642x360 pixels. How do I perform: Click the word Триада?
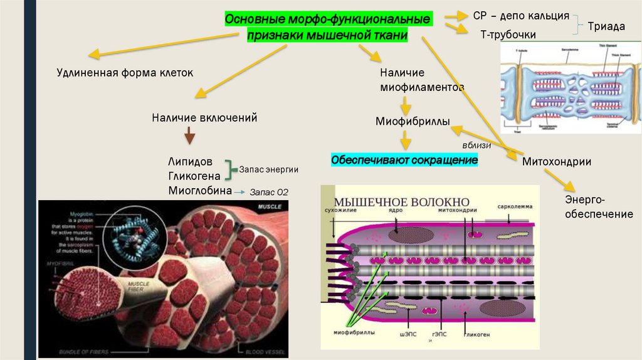click(x=606, y=26)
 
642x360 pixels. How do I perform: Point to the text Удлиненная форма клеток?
click(x=125, y=73)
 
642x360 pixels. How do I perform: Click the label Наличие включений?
click(x=204, y=117)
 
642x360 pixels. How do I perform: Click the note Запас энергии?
click(x=268, y=169)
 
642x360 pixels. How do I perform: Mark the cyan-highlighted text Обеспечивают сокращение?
click(x=404, y=161)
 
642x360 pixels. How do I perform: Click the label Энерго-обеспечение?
click(x=599, y=207)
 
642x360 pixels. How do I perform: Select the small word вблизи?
click(x=476, y=145)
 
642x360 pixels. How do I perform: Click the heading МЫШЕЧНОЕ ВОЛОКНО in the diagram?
click(x=402, y=202)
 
